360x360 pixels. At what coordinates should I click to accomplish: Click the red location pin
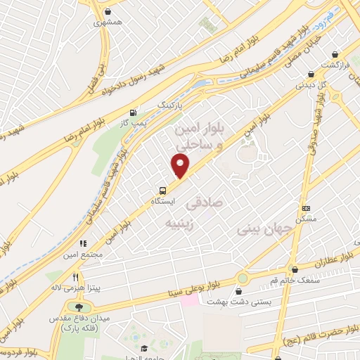pyautogui.click(x=181, y=165)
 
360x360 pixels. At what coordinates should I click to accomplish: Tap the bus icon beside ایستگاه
pyautogui.click(x=163, y=190)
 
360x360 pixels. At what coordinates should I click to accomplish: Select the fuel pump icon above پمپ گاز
pyautogui.click(x=133, y=112)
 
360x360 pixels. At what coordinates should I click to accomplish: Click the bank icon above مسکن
pyautogui.click(x=306, y=208)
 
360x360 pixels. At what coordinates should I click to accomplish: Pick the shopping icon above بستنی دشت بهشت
pyautogui.click(x=241, y=291)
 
